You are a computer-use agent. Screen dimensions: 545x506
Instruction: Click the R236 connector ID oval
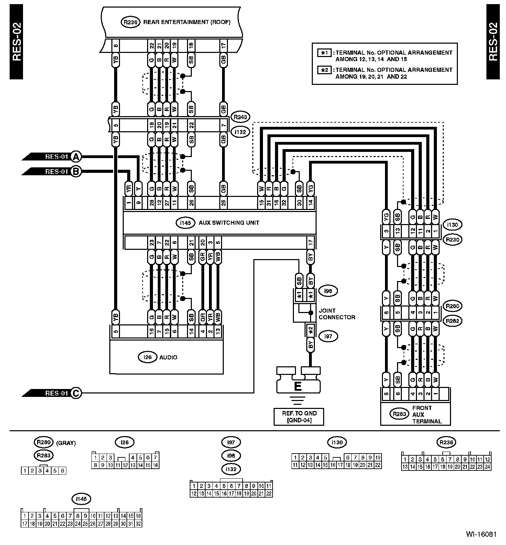pos(130,22)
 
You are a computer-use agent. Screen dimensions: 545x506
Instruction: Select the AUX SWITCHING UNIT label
pos(229,223)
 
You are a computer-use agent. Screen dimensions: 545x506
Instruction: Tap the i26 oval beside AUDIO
pos(147,357)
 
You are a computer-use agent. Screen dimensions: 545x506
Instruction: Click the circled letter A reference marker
pos(76,157)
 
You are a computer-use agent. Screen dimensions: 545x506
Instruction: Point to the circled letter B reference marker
pos(76,171)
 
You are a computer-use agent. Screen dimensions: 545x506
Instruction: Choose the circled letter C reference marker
pos(76,393)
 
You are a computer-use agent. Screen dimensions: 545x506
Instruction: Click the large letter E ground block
pos(298,386)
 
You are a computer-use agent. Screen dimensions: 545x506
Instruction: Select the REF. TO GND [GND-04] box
pos(298,416)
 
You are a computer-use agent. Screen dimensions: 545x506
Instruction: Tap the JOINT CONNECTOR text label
pos(337,314)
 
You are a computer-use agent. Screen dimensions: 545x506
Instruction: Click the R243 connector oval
pos(240,117)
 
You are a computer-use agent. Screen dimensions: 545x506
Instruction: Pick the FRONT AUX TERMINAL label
pos(427,414)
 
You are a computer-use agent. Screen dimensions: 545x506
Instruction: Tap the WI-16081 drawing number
pos(481,534)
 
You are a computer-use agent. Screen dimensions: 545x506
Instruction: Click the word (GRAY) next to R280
pos(66,443)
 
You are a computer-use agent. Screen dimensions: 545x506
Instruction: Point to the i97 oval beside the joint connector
pos(328,336)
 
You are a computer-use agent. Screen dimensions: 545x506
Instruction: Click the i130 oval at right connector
pos(452,225)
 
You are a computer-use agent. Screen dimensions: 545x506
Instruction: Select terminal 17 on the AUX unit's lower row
pos(310,243)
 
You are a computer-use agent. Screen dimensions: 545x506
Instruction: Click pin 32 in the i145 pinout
pos(138,524)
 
